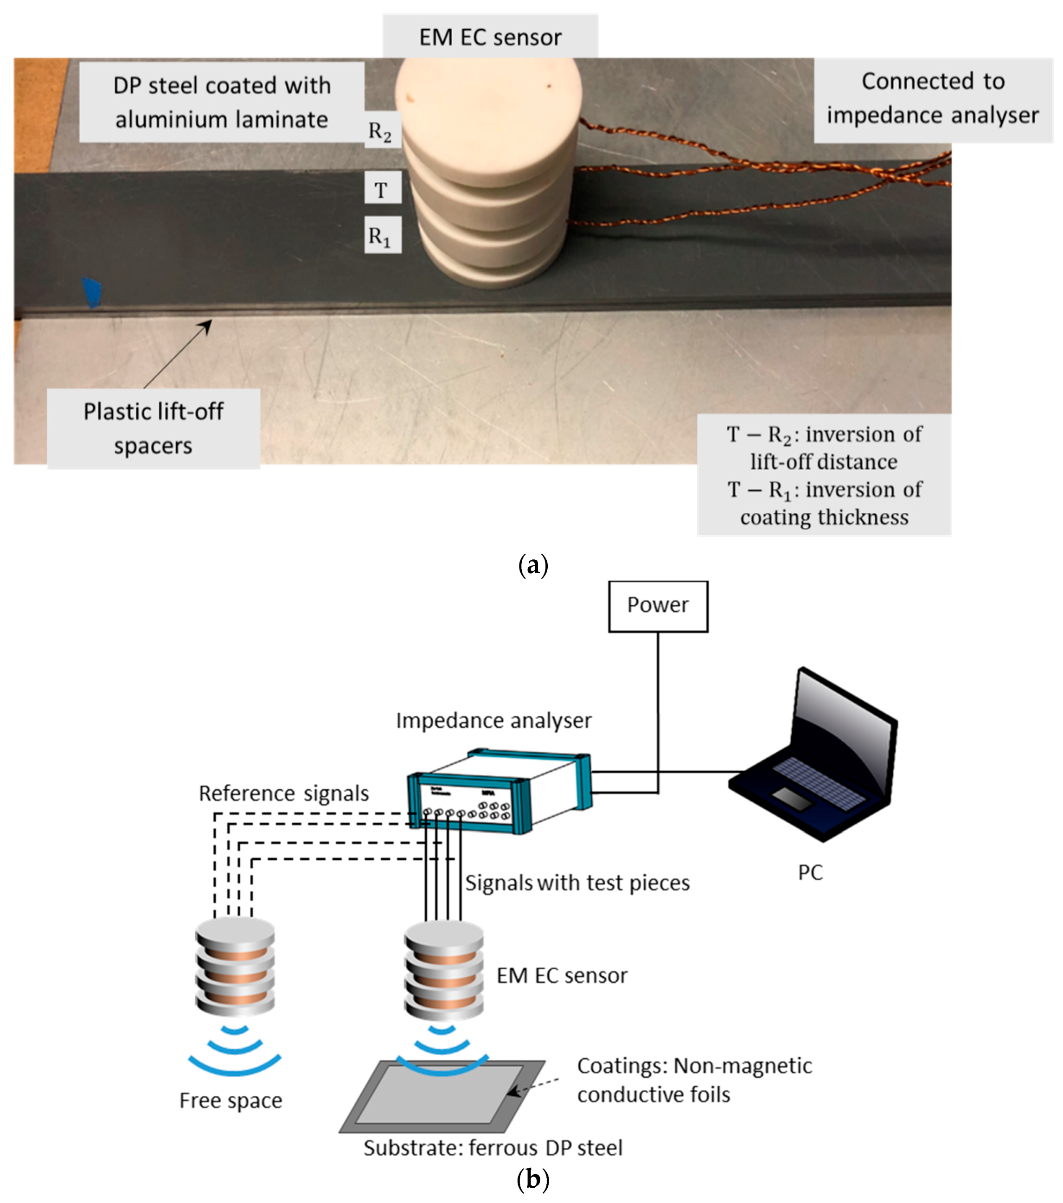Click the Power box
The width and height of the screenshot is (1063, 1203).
658,606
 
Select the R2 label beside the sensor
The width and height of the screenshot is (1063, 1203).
380,131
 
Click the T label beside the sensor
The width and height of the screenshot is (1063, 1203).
382,188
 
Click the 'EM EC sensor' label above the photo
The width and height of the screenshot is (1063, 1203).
490,37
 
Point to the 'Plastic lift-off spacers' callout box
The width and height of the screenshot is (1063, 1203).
153,428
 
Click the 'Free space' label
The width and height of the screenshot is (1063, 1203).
231,1101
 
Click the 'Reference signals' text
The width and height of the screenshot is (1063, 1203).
284,793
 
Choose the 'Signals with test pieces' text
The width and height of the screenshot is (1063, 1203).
577,883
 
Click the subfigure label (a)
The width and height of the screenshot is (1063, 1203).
533,565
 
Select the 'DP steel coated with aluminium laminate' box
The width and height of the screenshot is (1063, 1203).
222,102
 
